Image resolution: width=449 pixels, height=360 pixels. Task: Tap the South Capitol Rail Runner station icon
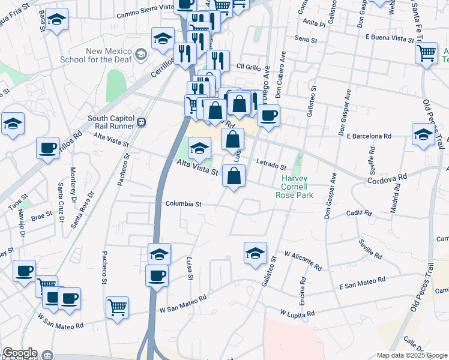tap(142, 122)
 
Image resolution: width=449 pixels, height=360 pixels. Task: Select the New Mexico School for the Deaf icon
tap(141, 55)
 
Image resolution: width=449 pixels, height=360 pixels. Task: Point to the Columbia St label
tap(183, 204)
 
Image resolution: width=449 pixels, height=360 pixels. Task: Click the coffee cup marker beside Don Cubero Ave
tap(269, 114)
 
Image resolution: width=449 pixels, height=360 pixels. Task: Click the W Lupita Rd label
tap(298, 313)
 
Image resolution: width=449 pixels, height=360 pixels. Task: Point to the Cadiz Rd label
tap(360, 213)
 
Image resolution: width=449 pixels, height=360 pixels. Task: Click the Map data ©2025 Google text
tap(411, 355)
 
